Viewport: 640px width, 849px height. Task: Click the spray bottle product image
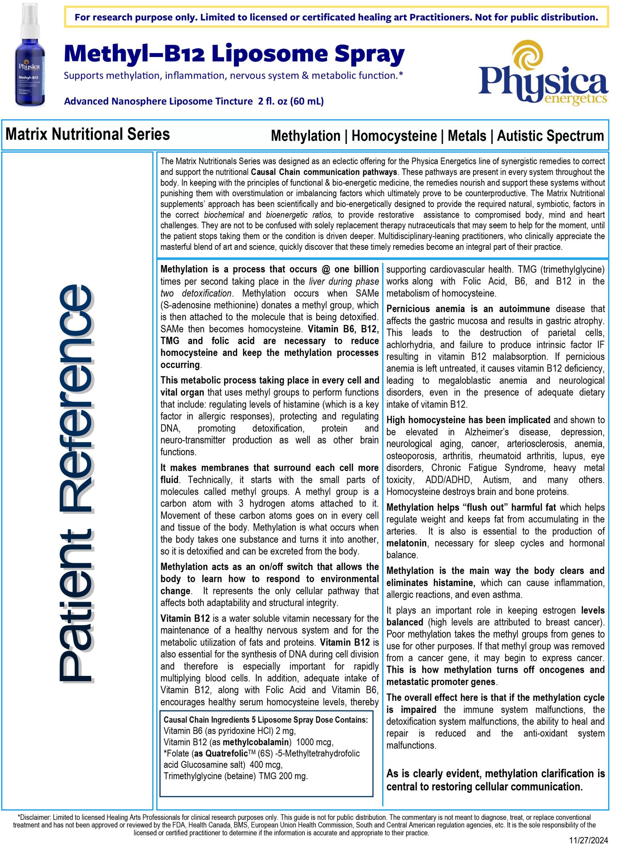(x=30, y=56)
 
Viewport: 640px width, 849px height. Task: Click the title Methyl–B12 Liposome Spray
(x=234, y=54)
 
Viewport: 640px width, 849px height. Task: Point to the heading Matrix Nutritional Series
(x=88, y=134)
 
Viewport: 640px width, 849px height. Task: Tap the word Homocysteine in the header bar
(x=394, y=136)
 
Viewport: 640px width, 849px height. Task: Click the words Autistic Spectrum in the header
(x=550, y=136)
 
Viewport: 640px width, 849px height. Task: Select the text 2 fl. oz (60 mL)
(x=290, y=101)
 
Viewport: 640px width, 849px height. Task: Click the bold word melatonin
(x=406, y=543)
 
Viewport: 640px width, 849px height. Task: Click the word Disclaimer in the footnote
(x=35, y=817)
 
